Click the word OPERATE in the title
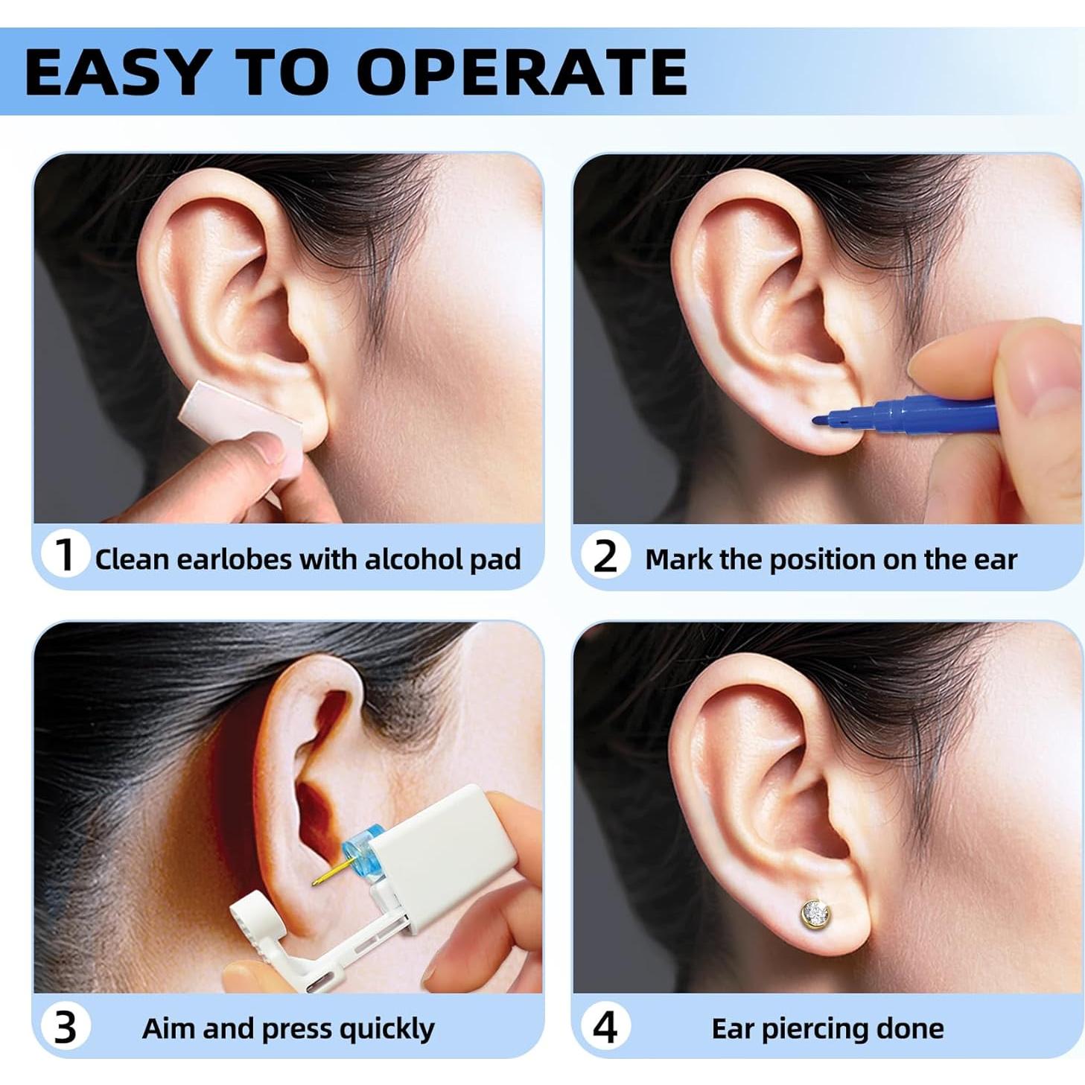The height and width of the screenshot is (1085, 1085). [521, 71]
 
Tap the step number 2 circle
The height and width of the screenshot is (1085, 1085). [605, 556]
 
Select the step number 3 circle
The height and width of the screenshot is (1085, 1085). [66, 1028]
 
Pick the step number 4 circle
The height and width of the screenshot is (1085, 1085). [604, 1028]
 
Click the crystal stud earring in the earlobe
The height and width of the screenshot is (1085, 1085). [816, 913]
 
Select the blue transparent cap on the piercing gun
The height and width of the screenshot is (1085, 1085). [359, 853]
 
